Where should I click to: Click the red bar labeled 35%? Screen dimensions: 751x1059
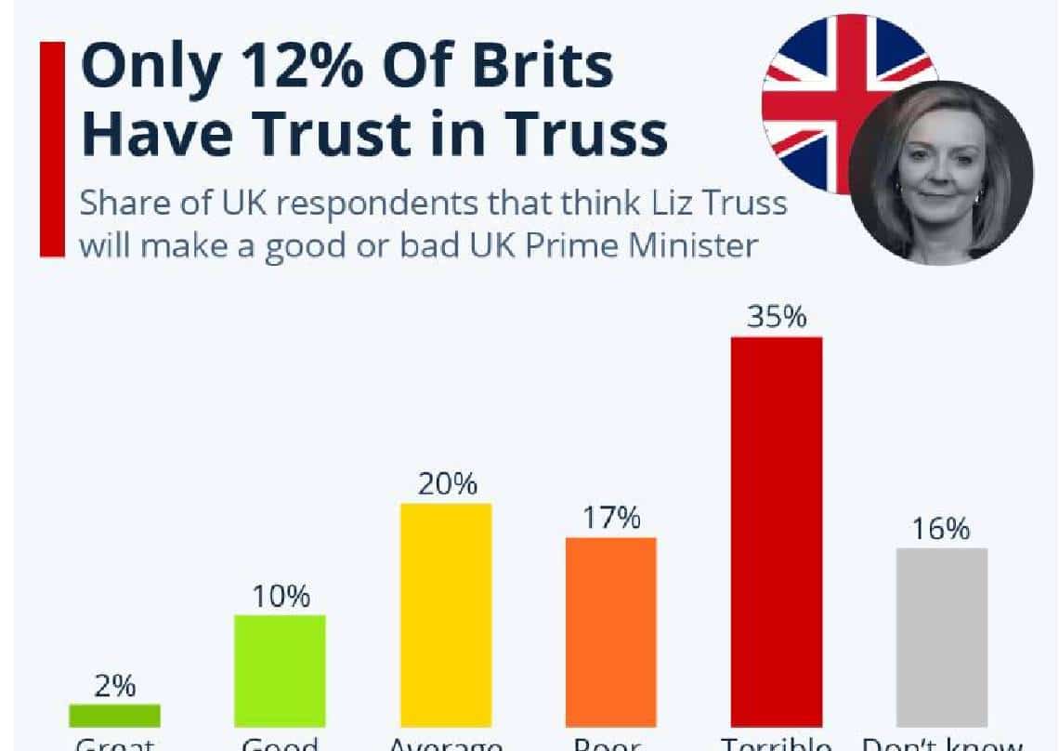coord(777,530)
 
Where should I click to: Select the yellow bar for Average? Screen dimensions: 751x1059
coord(445,614)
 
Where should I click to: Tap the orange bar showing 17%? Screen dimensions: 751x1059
coord(610,632)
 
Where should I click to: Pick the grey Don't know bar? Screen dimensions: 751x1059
coord(942,637)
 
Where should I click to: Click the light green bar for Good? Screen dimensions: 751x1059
coord(280,670)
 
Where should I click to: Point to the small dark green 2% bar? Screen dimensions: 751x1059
coord(115,715)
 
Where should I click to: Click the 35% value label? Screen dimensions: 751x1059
coord(777,317)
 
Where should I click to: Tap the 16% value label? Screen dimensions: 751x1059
coord(942,529)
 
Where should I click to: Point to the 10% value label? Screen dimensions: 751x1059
coord(280,596)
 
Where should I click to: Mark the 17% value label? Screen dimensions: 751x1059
coord(610,518)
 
